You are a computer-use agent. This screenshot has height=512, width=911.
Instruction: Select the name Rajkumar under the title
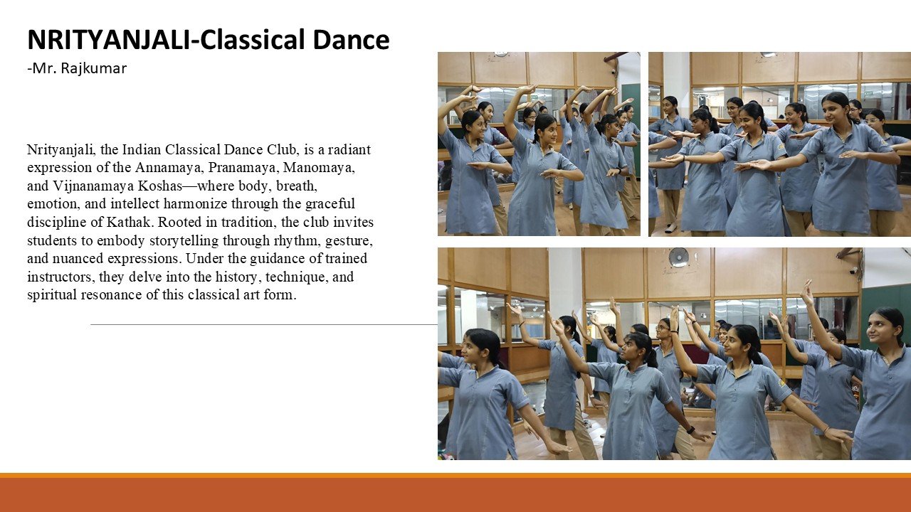point(93,68)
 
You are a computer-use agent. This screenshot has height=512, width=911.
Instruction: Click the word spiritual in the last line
point(52,294)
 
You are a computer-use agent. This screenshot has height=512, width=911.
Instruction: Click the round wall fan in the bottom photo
point(678,257)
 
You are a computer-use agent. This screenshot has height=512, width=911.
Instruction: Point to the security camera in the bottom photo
point(853,270)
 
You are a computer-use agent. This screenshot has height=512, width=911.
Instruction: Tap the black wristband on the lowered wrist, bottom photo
point(690,429)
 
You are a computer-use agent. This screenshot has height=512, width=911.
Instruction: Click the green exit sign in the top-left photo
point(534,97)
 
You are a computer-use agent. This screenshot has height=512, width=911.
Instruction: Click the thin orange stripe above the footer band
point(455,476)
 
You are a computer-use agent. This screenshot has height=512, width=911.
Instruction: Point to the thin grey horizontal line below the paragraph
point(264,325)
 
